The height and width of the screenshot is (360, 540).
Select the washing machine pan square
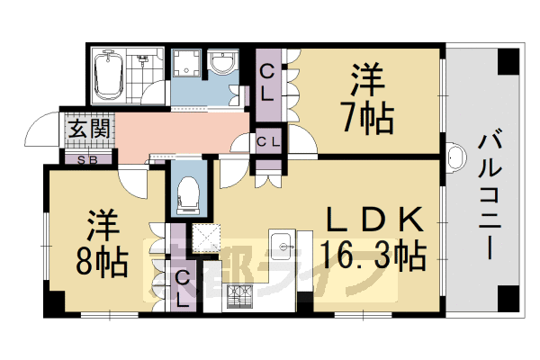pyautogui.click(x=187, y=65)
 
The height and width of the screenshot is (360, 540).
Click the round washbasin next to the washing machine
pyautogui.click(x=220, y=63)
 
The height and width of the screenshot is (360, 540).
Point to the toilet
pyautogui.click(x=188, y=190)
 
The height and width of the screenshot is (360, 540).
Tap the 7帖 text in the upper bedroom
pyautogui.click(x=367, y=118)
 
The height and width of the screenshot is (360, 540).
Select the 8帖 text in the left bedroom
pyautogui.click(x=101, y=261)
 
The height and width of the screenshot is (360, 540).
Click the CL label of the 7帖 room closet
pyautogui.click(x=268, y=81)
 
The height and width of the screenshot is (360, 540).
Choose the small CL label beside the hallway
pyautogui.click(x=268, y=141)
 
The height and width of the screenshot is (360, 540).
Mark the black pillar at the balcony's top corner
pyautogui.click(x=509, y=61)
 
